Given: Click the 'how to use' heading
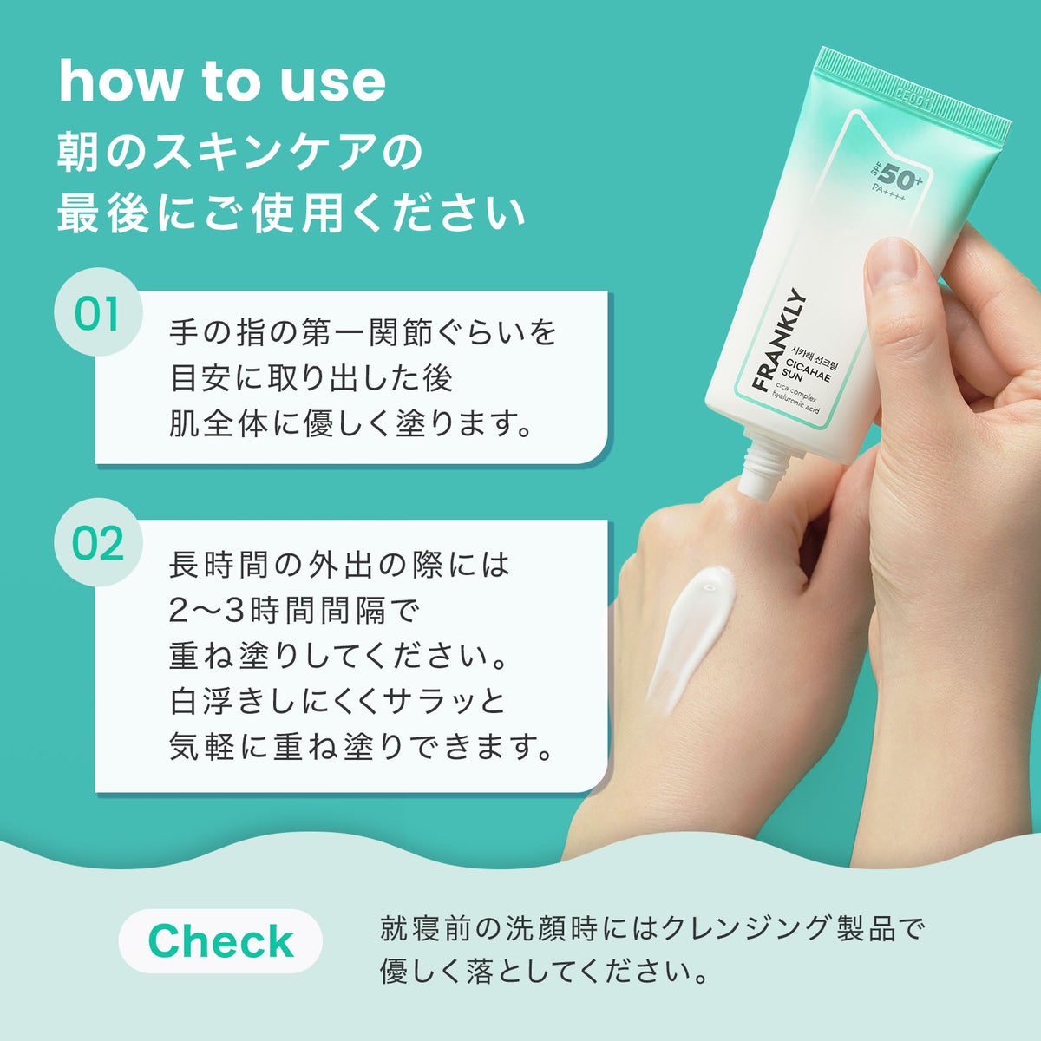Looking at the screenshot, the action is pyautogui.click(x=222, y=81).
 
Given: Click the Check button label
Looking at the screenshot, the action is pyautogui.click(x=220, y=940).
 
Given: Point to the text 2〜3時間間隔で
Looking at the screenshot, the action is pyautogui.click(x=294, y=611).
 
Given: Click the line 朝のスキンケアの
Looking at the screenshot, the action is pyautogui.click(x=239, y=154).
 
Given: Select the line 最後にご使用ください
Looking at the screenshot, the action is pyautogui.click(x=291, y=214).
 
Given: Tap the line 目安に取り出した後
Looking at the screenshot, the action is pyautogui.click(x=311, y=379).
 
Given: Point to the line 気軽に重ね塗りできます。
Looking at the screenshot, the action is pyautogui.click(x=360, y=747).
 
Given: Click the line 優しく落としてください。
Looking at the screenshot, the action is pyautogui.click(x=543, y=972).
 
